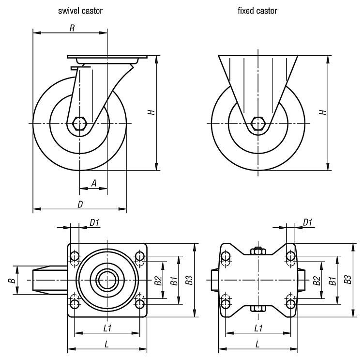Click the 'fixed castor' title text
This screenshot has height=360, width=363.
pyautogui.click(x=257, y=11)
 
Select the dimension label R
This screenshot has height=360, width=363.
pyautogui.click(x=72, y=28)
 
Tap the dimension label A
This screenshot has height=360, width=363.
pyautogui.click(x=94, y=183)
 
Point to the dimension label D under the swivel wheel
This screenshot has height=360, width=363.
pyautogui.click(x=80, y=204)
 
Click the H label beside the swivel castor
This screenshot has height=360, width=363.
pyautogui.click(x=151, y=112)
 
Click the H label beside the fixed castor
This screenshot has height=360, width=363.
pyautogui.click(x=323, y=112)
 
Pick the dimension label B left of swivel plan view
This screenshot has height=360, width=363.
pyautogui.click(x=15, y=280)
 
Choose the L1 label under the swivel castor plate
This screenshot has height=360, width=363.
pyautogui.click(x=107, y=328)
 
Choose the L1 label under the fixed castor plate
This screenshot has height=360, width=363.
pyautogui.click(x=259, y=328)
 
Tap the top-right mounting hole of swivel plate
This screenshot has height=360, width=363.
pyautogui.click(x=140, y=256)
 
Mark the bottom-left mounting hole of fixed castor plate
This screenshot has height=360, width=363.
pyautogui.click(x=225, y=303)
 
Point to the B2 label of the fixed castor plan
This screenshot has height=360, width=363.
pyautogui.click(x=316, y=280)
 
